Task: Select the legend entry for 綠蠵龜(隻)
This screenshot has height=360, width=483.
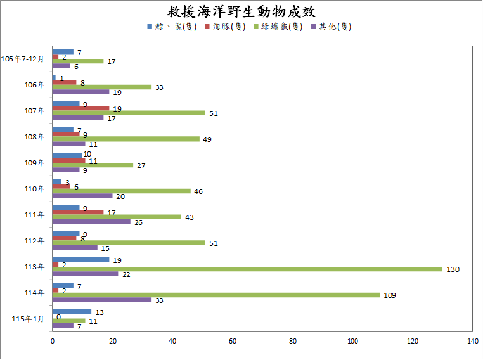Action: point(278,27)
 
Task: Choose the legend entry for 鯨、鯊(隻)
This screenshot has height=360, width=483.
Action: point(172,27)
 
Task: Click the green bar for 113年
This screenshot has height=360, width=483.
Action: point(247,269)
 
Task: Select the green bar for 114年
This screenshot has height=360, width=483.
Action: point(216,295)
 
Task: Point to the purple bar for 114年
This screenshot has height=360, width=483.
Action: point(101,300)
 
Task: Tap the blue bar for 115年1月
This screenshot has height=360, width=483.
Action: point(72,311)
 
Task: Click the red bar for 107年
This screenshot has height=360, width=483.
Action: point(80,108)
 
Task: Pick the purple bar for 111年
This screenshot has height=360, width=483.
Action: point(91,222)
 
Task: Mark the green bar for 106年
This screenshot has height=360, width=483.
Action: point(101,87)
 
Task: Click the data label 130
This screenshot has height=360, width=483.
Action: point(453,269)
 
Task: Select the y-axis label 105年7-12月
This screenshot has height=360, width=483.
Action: point(23,59)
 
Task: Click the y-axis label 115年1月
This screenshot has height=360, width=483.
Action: point(28,319)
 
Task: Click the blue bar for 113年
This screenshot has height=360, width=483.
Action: point(80,259)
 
